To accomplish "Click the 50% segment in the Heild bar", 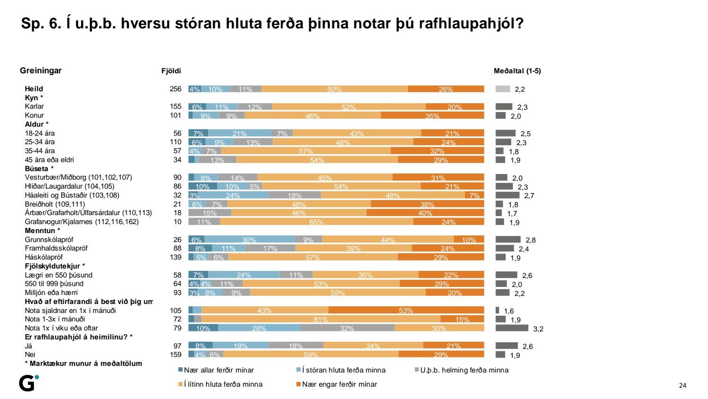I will pyautogui.click(x=334, y=89).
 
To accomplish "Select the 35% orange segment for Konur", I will pyautogui.click(x=432, y=115).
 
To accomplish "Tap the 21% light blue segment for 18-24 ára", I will pyautogui.click(x=240, y=133).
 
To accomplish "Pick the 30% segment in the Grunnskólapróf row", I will pyautogui.click(x=249, y=240).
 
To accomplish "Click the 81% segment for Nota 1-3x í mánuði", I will pyautogui.click(x=321, y=319).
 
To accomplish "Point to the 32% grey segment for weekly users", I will pyautogui.click(x=347, y=328).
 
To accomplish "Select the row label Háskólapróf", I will pyautogui.click(x=44, y=257).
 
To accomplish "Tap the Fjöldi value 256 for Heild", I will pyautogui.click(x=176, y=89).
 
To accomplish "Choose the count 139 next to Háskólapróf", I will pyautogui.click(x=176, y=257).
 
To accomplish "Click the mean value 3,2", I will pyautogui.click(x=538, y=329).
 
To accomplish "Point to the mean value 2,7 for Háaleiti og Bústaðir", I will pyautogui.click(x=529, y=196).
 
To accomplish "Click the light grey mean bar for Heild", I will pyautogui.click(x=503, y=89).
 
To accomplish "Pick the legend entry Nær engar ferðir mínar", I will pyautogui.click(x=339, y=384).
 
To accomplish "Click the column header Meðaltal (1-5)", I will pyautogui.click(x=517, y=71).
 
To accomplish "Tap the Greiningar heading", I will pyautogui.click(x=41, y=70).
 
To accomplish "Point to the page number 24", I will pyautogui.click(x=683, y=385).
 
